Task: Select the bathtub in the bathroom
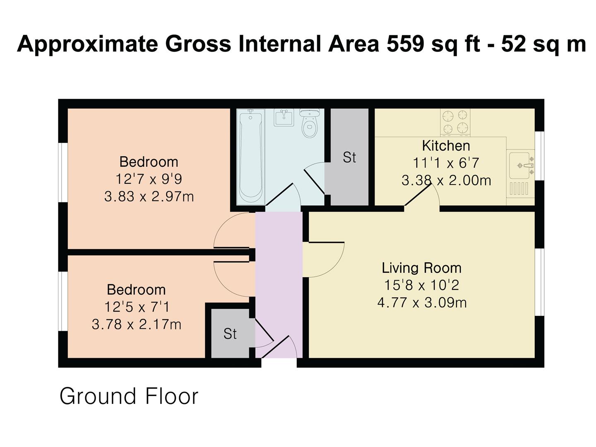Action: pos(250,156)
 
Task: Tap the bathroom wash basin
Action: pos(284,117)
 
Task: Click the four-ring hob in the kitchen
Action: pos(455,122)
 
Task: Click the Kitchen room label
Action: pos(446,146)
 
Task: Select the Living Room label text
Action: pos(421,268)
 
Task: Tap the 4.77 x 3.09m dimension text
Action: pos(422,302)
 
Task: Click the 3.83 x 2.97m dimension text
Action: pos(149,197)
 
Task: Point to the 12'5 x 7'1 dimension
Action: pos(137,307)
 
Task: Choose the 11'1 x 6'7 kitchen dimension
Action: pos(446,163)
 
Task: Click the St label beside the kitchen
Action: pos(349,157)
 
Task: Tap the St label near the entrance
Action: pos(230,334)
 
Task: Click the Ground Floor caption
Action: pos(129,397)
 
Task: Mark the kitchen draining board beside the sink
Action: pos(519,188)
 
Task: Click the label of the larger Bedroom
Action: pos(149,162)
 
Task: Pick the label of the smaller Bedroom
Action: pos(136,290)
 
